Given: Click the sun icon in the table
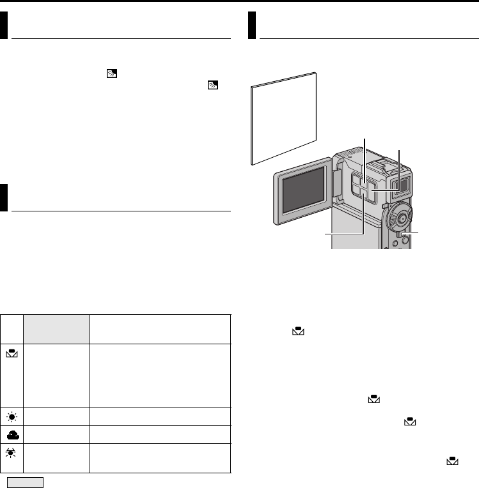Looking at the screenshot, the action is [12, 416].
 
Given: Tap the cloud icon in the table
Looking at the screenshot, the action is [12, 434].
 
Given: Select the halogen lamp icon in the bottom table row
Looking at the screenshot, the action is [12, 454].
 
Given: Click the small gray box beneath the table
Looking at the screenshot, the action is [25, 482].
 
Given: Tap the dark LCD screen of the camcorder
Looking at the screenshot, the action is [302, 195].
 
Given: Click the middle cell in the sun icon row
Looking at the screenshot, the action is [57, 416].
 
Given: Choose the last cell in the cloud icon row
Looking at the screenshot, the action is [160, 434].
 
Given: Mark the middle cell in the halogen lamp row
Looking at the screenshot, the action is [57, 458].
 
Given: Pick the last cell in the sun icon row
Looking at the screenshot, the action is [160, 416].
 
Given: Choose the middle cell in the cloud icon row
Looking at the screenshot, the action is [57, 434].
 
